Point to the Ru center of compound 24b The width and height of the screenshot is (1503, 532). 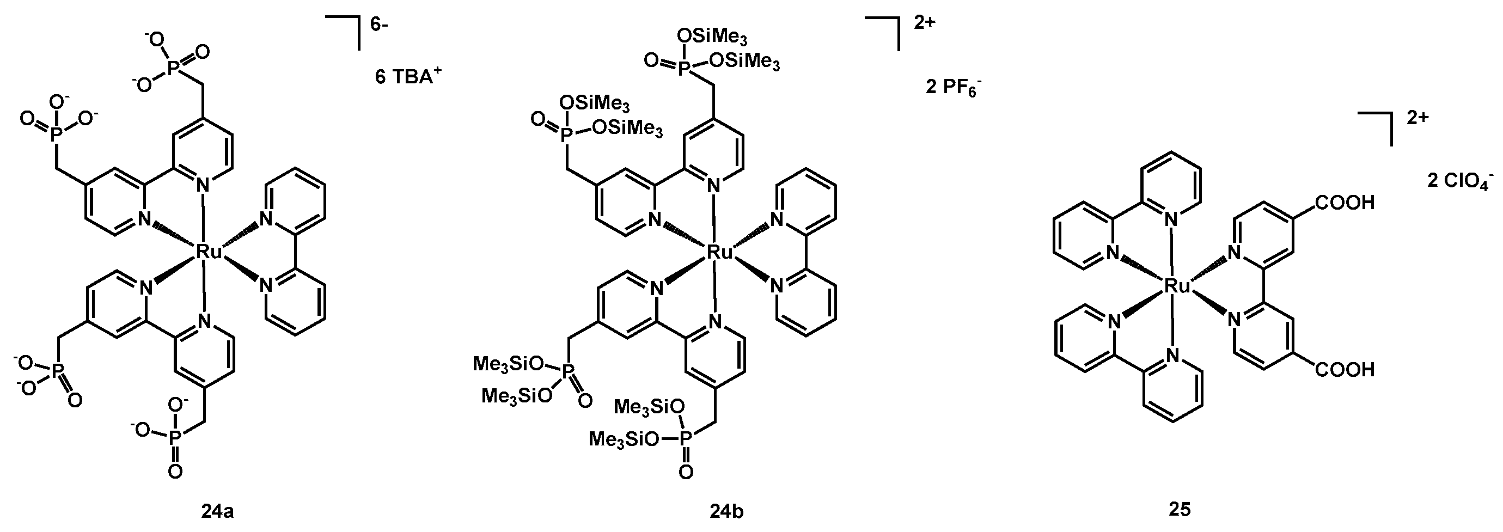719,252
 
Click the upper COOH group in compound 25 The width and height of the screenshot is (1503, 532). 1344,203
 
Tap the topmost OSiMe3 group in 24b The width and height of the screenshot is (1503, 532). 712,36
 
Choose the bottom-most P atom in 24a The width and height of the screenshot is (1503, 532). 174,437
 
